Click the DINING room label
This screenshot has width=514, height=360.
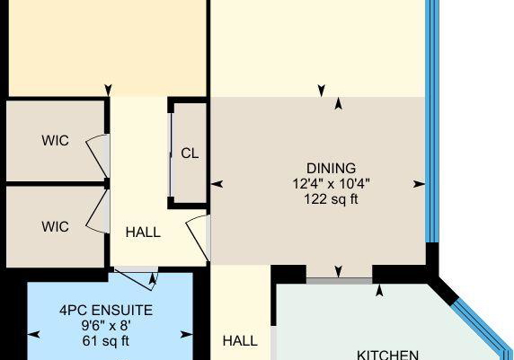point(331,169)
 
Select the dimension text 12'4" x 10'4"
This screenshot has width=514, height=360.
point(331,184)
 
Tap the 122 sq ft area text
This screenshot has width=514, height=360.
point(331,199)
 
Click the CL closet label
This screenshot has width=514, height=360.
point(190,154)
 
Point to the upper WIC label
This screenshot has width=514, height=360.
point(56,141)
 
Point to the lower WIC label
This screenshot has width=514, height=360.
point(56,226)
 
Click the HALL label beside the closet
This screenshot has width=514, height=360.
point(143,233)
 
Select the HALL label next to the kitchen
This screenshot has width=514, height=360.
point(240,341)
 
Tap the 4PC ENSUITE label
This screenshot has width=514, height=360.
point(106,311)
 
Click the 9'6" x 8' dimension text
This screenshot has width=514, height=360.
point(106,326)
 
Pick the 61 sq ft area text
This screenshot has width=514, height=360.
point(105,341)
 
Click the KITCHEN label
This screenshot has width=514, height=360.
point(387,356)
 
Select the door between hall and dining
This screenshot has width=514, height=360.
point(196,238)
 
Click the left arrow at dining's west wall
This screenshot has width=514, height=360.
point(217,184)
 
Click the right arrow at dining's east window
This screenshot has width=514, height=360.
point(419,184)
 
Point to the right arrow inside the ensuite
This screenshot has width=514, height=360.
point(187,335)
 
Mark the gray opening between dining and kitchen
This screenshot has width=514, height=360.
point(340,281)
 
